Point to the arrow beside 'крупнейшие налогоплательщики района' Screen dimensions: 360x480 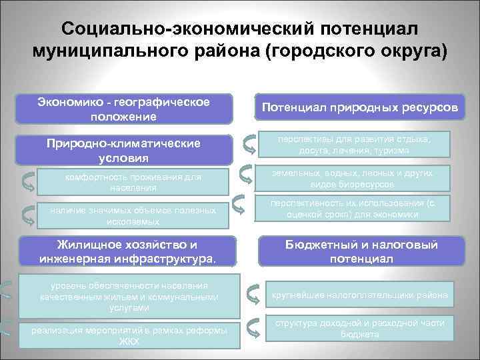253,294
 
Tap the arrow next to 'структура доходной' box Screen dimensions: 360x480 253,327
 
